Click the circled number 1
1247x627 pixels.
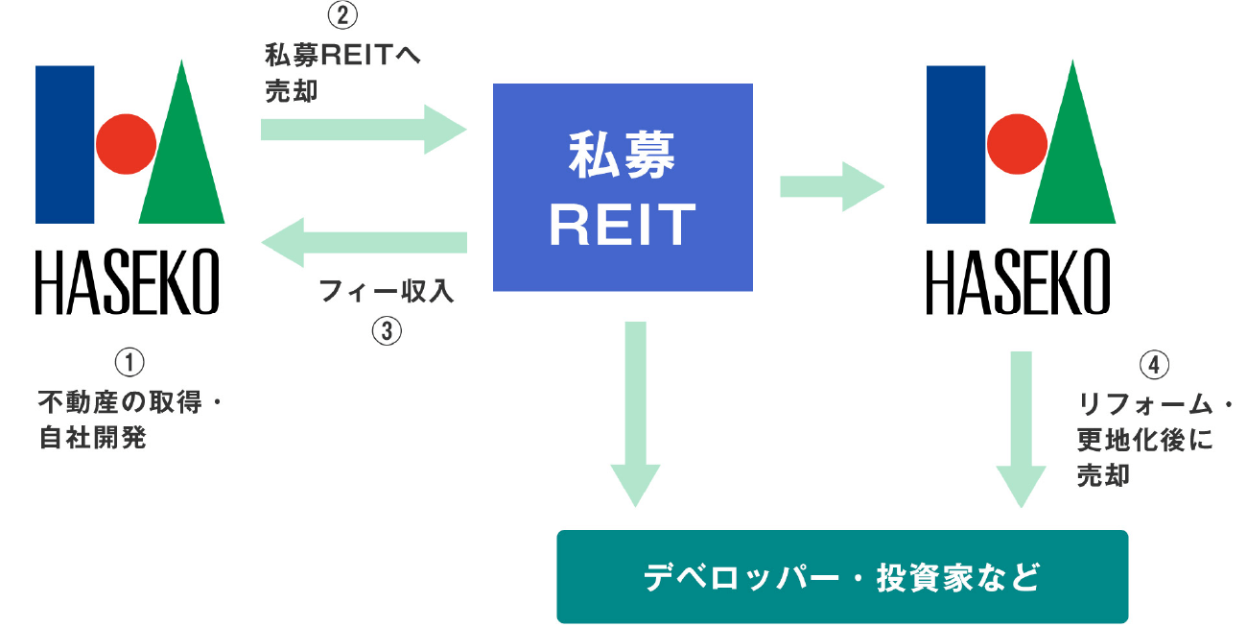(129, 363)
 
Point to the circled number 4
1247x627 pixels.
(1154, 366)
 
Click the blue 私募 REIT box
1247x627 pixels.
(623, 187)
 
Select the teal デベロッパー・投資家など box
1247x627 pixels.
(842, 578)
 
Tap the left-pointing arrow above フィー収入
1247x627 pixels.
(365, 244)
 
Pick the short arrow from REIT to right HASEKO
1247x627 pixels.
(831, 186)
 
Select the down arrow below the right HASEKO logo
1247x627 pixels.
(1021, 428)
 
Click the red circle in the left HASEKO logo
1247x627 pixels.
(125, 144)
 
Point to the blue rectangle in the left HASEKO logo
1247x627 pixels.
(65, 144)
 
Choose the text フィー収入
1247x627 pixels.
(387, 292)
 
